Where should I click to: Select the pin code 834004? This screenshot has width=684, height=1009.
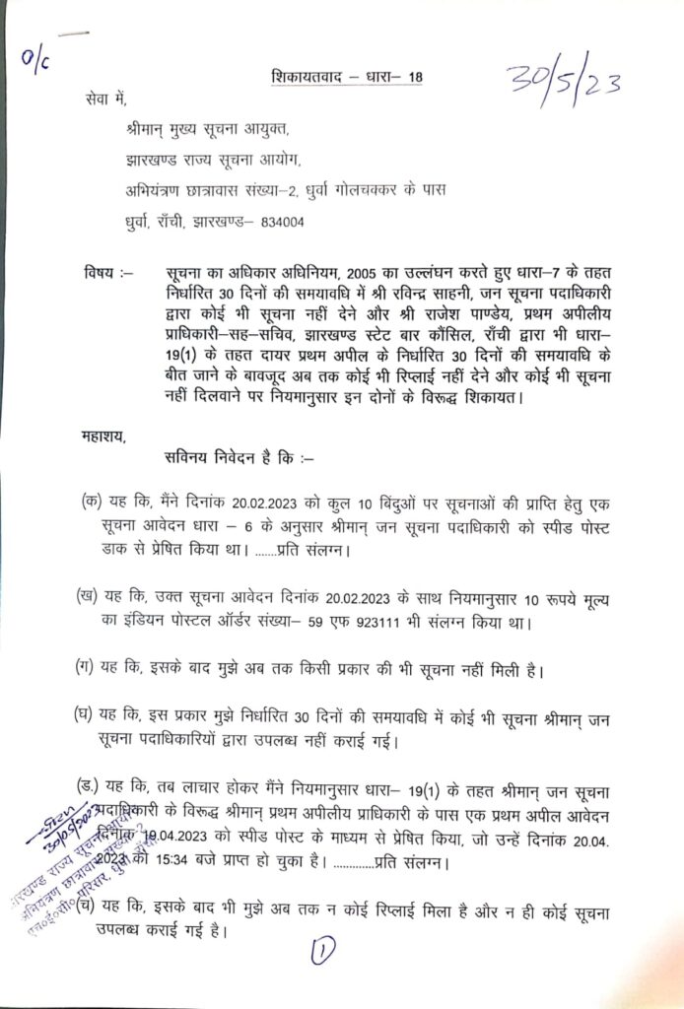283,223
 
